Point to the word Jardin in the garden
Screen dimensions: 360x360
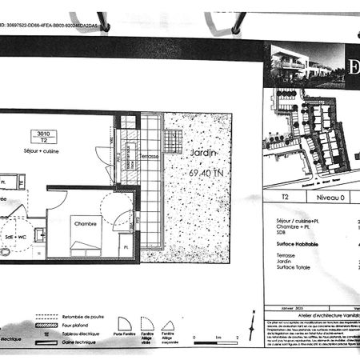click(x=206, y=151)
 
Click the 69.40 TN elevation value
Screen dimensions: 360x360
click(x=208, y=172)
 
